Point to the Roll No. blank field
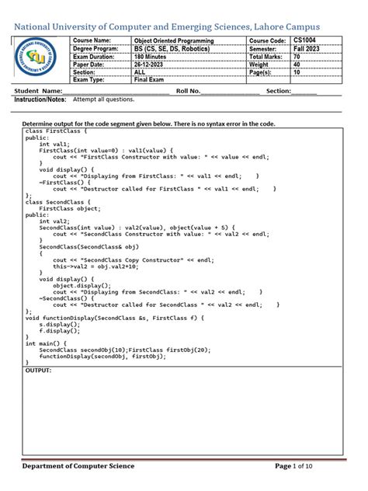pyautogui.click(x=229, y=91)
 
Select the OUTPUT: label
pyautogui.click(x=38, y=371)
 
